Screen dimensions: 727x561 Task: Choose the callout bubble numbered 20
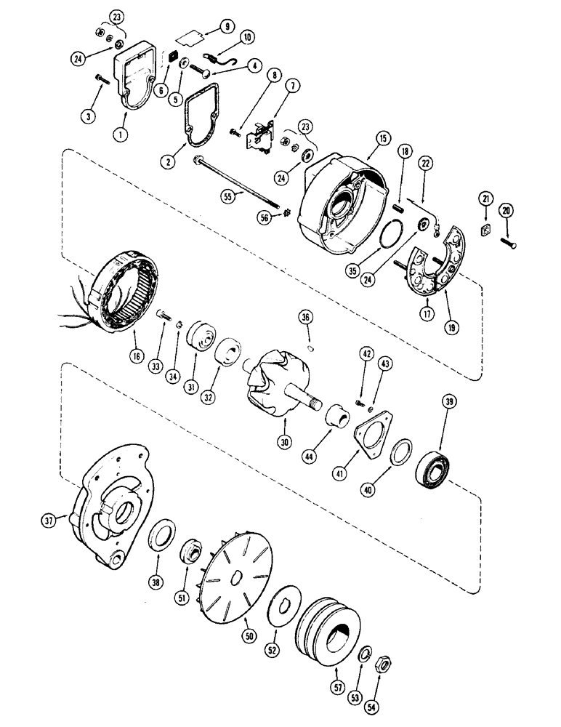pos(506,210)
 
